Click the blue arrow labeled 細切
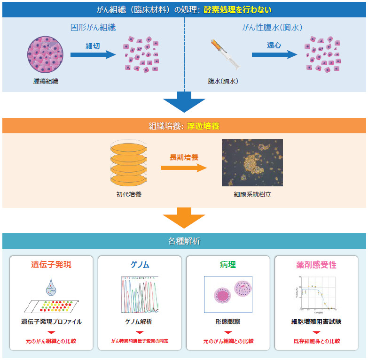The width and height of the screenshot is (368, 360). (x=93, y=55)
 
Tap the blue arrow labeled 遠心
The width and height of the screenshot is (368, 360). (x=274, y=55)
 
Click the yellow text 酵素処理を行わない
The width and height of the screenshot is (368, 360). (x=237, y=9)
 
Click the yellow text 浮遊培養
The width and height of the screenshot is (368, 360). (x=203, y=126)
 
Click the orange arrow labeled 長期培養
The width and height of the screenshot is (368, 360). (x=183, y=168)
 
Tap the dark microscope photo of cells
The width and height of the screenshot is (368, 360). (x=252, y=162)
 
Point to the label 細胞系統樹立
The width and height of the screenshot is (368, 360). (x=252, y=193)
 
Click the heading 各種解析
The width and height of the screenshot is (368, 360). (x=184, y=241)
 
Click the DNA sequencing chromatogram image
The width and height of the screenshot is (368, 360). (x=140, y=294)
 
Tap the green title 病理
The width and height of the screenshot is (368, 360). (x=228, y=265)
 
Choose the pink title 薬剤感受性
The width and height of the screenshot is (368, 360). (x=316, y=265)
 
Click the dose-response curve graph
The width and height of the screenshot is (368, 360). (x=316, y=294)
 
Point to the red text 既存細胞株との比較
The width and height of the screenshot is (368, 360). (x=316, y=341)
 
